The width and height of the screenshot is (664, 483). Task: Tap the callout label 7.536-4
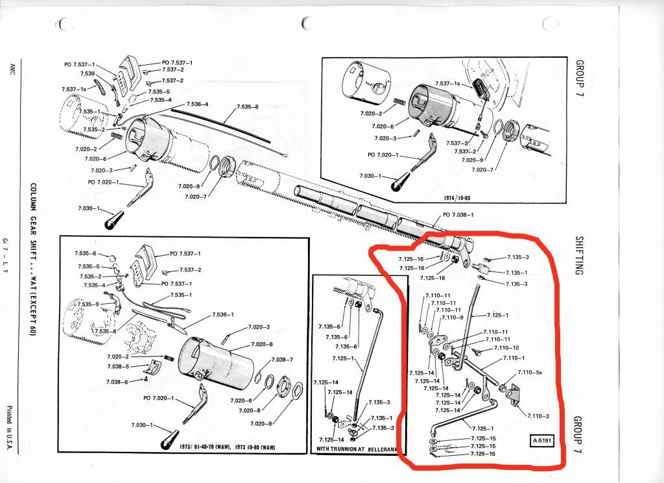(197, 104)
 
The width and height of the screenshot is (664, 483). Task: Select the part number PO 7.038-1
(459, 214)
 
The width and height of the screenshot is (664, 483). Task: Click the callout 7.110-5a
(530, 373)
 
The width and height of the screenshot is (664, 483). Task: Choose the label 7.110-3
(538, 415)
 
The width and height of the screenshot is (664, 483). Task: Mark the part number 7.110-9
(452, 317)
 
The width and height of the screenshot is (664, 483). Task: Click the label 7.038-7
(282, 359)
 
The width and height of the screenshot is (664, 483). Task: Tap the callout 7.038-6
(117, 382)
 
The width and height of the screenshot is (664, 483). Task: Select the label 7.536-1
(222, 315)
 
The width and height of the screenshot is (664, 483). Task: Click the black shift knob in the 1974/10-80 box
(397, 183)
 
